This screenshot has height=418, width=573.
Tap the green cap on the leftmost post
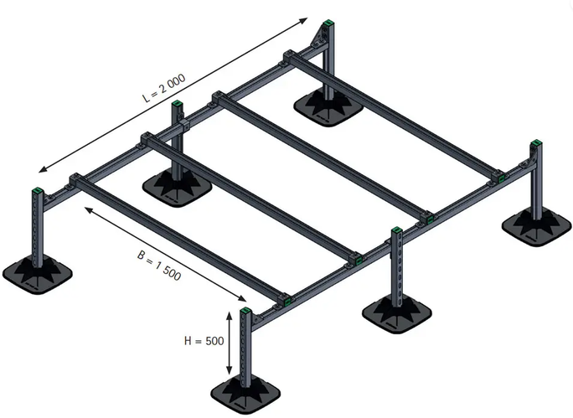click(x=37, y=192)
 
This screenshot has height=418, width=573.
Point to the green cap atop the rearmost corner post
click(x=329, y=23)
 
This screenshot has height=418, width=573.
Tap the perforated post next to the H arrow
click(x=245, y=343)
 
